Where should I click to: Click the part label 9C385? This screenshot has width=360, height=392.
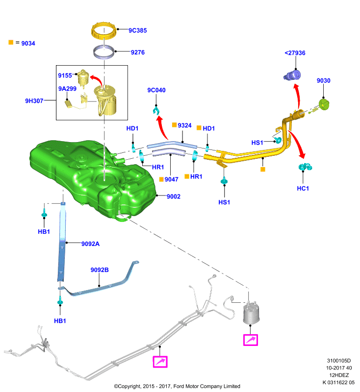click(138, 30)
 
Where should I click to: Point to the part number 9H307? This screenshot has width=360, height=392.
click(34, 101)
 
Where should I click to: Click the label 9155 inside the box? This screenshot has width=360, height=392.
click(65, 75)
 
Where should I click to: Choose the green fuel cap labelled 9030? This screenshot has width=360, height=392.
click(324, 104)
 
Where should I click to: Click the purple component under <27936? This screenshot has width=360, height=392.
click(292, 75)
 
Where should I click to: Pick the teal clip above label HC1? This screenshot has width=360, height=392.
click(305, 167)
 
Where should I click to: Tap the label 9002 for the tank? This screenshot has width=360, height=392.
click(173, 196)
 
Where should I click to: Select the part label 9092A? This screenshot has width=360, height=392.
click(90, 244)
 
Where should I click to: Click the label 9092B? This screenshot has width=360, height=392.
click(100, 270)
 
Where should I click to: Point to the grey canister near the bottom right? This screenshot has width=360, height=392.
click(252, 314)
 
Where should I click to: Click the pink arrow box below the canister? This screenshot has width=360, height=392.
click(251, 340)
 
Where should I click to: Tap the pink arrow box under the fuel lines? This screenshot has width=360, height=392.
click(160, 362)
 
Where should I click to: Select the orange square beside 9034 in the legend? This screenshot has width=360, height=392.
click(11, 42)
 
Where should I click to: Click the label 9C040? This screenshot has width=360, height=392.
click(156, 90)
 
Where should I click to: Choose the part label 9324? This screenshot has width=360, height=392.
click(184, 125)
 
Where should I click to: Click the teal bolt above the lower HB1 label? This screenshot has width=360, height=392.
click(60, 301)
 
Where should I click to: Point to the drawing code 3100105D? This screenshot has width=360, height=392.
click(339, 361)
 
